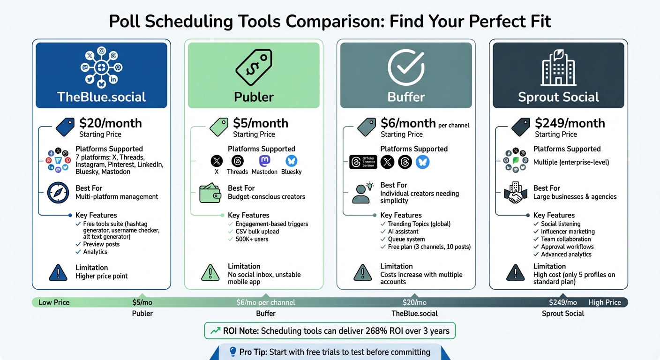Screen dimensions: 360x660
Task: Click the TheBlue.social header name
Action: click(x=101, y=97)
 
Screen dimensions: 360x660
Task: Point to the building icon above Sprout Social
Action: click(x=558, y=68)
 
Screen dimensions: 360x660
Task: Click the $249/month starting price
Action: click(x=570, y=123)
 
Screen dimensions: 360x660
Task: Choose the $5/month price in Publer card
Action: click(x=261, y=123)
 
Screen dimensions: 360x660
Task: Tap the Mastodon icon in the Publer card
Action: click(x=265, y=161)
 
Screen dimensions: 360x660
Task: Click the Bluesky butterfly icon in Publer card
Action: click(x=292, y=161)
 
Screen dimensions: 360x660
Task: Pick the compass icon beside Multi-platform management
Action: click(x=58, y=192)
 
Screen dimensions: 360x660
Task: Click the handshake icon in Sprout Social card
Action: click(x=516, y=193)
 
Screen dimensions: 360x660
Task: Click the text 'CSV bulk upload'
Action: click(x=257, y=232)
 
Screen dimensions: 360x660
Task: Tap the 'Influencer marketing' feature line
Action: click(x=568, y=232)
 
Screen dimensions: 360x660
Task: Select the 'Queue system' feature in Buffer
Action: click(x=400, y=239)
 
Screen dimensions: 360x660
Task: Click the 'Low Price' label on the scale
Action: click(x=54, y=302)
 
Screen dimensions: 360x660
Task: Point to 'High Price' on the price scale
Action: click(x=605, y=302)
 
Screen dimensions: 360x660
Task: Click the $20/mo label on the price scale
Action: click(x=414, y=302)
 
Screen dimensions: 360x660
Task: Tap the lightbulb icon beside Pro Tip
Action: click(x=233, y=352)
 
